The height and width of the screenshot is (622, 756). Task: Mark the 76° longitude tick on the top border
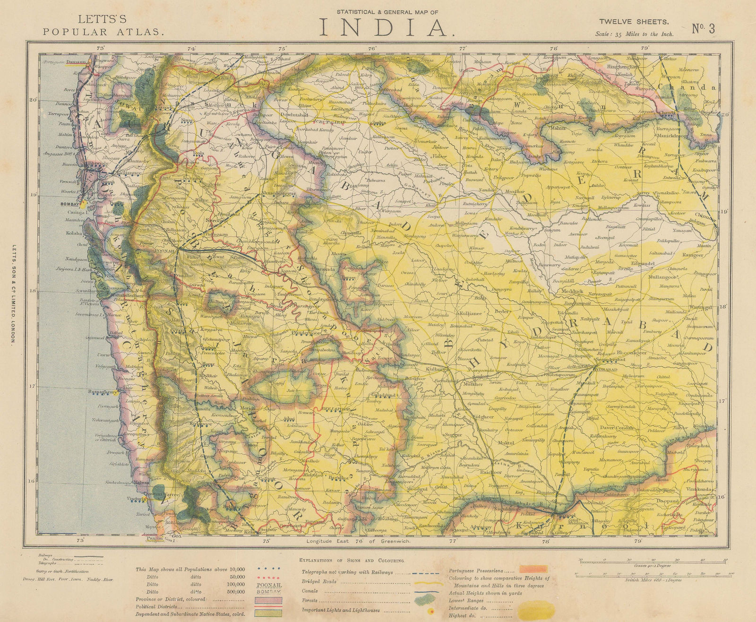[x=372, y=48]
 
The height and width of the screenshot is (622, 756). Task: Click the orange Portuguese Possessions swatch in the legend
[x=533, y=570]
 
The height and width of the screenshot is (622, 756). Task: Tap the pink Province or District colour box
[x=268, y=599]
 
